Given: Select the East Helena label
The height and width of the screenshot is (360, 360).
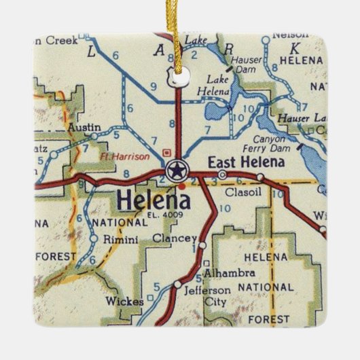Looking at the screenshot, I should tap(238, 162).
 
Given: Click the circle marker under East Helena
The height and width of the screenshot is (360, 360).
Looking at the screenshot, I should tap(223, 175).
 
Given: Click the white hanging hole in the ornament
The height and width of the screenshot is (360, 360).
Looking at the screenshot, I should tap(178, 77).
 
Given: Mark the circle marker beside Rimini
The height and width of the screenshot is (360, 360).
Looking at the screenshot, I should tap(93, 238).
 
